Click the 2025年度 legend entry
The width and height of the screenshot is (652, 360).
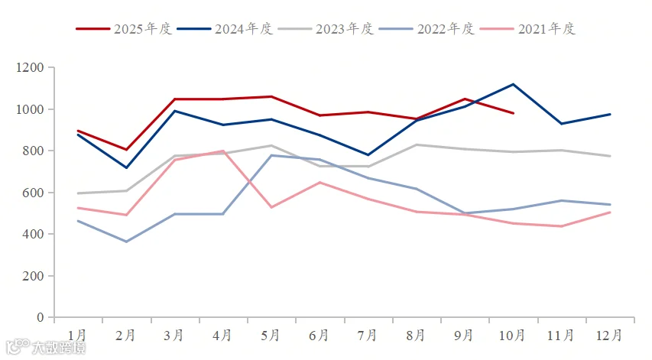124,29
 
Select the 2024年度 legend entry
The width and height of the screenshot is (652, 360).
225,29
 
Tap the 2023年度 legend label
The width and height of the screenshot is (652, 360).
345,29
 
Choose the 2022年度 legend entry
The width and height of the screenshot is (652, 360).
427,29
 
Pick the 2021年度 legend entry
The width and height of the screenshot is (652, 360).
527,29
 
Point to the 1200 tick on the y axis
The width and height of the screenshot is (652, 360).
30,67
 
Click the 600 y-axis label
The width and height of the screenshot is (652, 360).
33,193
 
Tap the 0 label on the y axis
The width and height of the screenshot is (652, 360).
40,317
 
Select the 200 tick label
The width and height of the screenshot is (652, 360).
33,276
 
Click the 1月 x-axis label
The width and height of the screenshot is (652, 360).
77,335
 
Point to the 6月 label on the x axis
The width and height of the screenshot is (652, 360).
319,335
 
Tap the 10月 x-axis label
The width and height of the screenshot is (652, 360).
512,335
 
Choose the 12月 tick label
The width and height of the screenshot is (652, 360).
608,335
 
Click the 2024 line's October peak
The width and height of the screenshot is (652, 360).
513,84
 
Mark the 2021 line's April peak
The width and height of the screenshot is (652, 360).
223,151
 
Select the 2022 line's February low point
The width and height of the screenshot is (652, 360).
126,242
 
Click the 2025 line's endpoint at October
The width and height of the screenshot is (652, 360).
513,113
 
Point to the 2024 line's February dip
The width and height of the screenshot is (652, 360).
126,167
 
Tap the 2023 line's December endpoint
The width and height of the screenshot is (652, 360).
610,156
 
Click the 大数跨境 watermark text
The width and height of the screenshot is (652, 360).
59,348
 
